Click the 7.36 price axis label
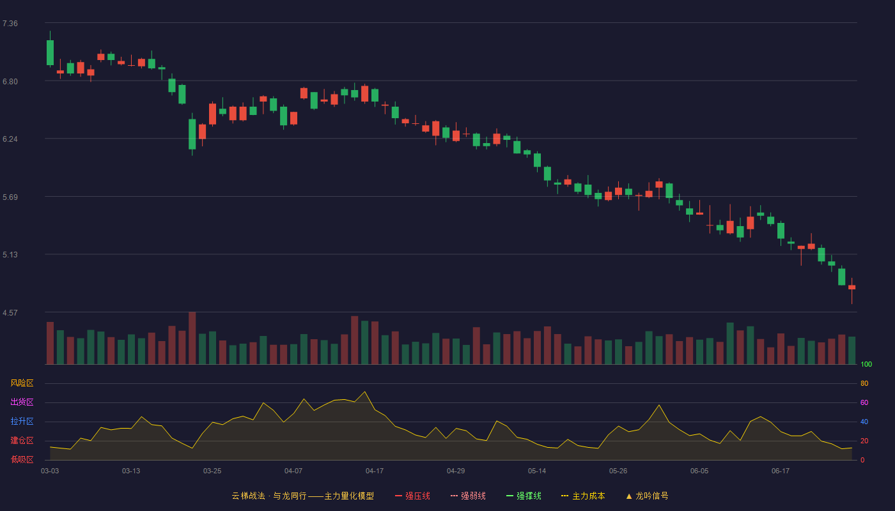(x=10, y=24)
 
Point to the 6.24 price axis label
(x=10, y=139)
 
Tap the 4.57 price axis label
(x=10, y=312)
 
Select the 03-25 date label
(x=212, y=471)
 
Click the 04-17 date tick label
(x=375, y=471)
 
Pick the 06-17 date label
(x=781, y=471)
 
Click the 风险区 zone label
(x=22, y=383)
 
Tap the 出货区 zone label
(x=22, y=402)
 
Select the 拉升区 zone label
(x=22, y=421)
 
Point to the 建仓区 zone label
(x=22, y=440)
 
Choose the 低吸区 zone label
(x=22, y=459)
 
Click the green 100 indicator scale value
(x=866, y=364)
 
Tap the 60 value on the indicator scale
(x=864, y=402)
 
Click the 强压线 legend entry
(x=412, y=496)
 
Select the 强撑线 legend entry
(x=524, y=496)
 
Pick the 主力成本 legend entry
(x=583, y=496)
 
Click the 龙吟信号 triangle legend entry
(x=647, y=496)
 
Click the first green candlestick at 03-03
(x=50, y=52)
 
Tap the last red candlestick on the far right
(x=852, y=287)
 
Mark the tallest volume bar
(x=192, y=338)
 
